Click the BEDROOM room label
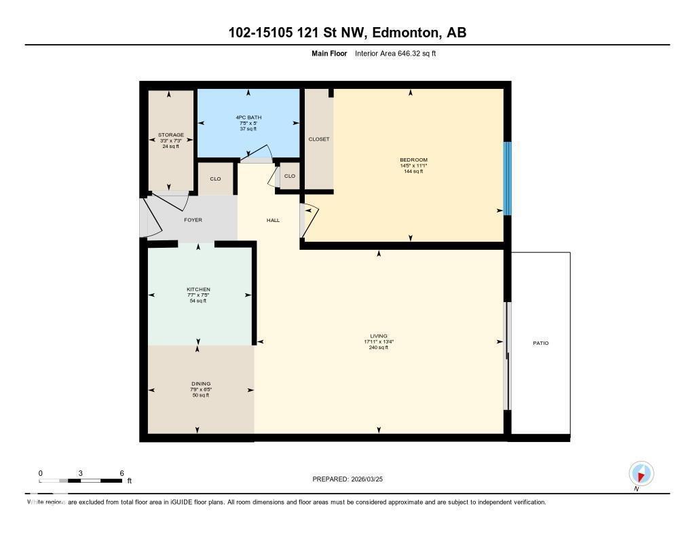(413, 160)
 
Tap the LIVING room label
(379, 336)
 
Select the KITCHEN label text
(198, 289)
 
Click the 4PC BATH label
(248, 117)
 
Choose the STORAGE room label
(170, 135)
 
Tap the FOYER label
(193, 220)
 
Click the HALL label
(273, 220)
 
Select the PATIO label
(540, 344)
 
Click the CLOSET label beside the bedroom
(318, 139)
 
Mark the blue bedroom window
(506, 179)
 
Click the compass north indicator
(641, 473)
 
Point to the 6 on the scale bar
(121, 473)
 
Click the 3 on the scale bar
(81, 473)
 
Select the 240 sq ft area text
(379, 348)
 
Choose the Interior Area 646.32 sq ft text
(395, 53)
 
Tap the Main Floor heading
(329, 53)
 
